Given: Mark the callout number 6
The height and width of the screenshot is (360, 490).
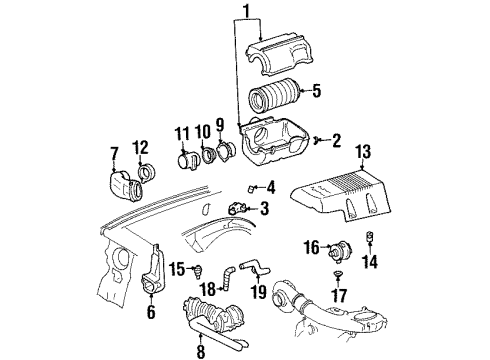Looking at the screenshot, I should point(151,311).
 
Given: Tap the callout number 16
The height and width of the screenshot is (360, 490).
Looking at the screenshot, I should point(312,245).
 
